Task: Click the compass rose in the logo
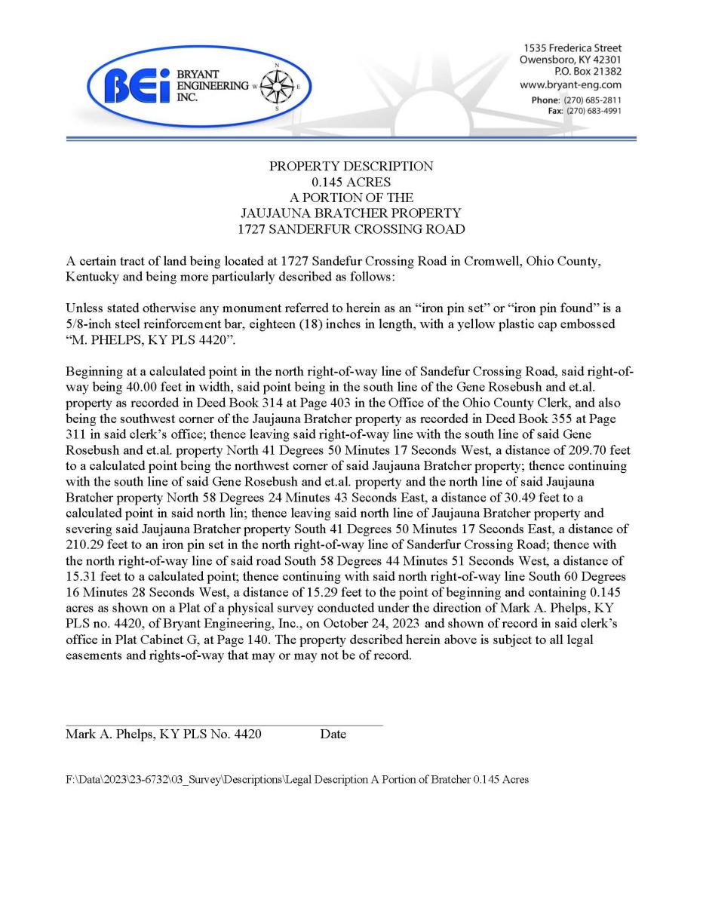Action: tap(276, 87)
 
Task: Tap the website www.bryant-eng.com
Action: tap(570, 84)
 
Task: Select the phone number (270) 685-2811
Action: tap(592, 100)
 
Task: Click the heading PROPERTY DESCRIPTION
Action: tap(351, 166)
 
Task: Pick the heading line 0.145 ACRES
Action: tap(351, 182)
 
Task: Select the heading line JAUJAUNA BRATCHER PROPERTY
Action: tap(351, 213)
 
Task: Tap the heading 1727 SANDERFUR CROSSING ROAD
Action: tap(351, 229)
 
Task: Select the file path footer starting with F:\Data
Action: tap(296, 780)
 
